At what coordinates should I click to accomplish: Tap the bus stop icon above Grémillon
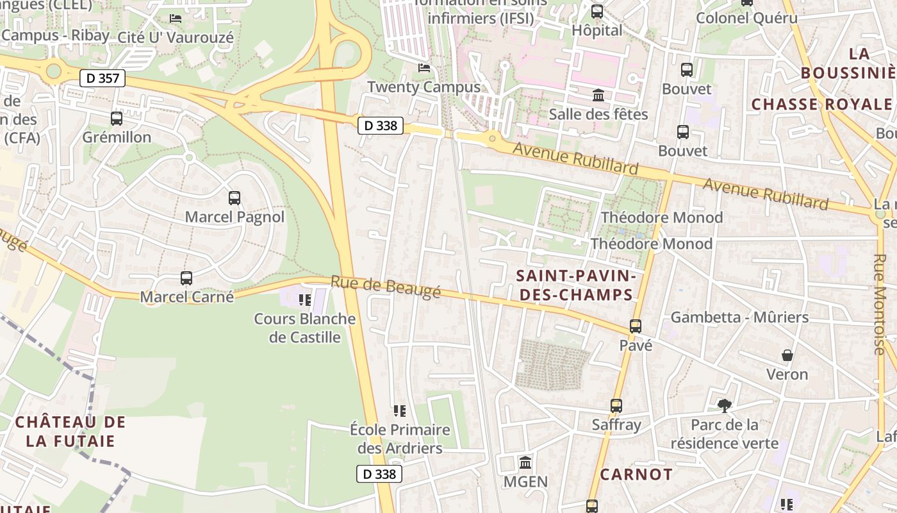pyautogui.click(x=116, y=119)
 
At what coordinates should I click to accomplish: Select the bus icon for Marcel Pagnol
pyautogui.click(x=235, y=198)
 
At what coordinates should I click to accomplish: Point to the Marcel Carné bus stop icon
pyautogui.click(x=186, y=278)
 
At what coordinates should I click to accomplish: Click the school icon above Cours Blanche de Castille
pyautogui.click(x=305, y=299)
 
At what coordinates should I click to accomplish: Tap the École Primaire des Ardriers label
pyautogui.click(x=400, y=439)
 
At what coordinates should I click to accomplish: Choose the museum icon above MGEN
pyautogui.click(x=525, y=462)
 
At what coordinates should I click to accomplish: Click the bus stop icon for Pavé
pyautogui.click(x=636, y=326)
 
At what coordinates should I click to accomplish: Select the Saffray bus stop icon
pyautogui.click(x=616, y=406)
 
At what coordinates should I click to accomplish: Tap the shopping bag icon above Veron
pyautogui.click(x=787, y=355)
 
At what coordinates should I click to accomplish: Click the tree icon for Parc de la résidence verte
pyautogui.click(x=725, y=405)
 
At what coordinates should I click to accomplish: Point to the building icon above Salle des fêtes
pyautogui.click(x=598, y=96)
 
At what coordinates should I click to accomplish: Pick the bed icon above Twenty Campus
pyautogui.click(x=424, y=68)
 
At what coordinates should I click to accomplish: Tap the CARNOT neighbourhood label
pyautogui.click(x=636, y=475)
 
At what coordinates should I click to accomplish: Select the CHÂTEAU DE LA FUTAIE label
pyautogui.click(x=70, y=432)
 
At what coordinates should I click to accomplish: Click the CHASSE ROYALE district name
pyautogui.click(x=821, y=105)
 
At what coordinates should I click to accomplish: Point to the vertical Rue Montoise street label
pyautogui.click(x=878, y=305)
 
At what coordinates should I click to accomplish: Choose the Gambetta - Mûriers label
pyautogui.click(x=739, y=317)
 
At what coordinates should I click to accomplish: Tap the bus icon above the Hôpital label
pyautogui.click(x=597, y=11)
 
